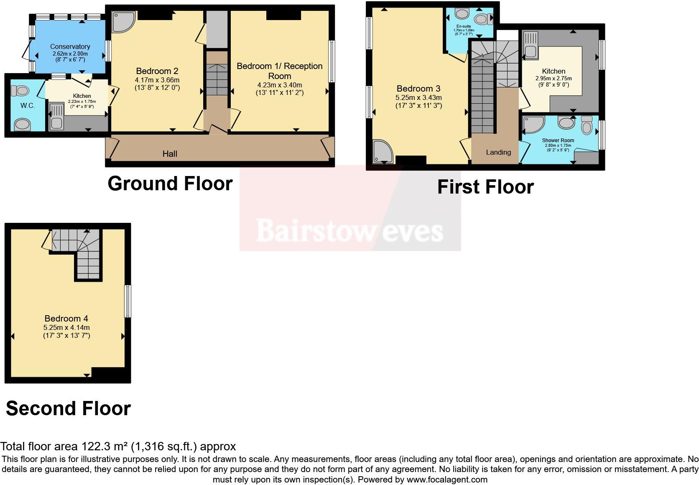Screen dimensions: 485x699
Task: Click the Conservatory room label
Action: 70,46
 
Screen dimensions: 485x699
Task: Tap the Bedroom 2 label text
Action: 154,71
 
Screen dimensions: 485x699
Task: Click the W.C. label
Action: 28,106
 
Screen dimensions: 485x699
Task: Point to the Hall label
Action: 170,154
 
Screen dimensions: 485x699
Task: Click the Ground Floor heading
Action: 170,184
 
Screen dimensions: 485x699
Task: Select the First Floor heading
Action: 485,187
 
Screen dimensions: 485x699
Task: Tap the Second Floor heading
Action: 68,408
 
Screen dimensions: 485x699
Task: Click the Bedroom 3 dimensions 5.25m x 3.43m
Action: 418,97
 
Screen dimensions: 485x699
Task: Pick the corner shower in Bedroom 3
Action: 382,151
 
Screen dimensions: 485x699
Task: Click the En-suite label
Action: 464,26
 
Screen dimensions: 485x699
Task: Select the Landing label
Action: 498,152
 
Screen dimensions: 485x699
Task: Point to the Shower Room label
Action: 558,140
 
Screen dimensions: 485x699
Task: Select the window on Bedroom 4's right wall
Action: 128,301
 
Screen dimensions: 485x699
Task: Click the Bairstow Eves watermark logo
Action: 349,231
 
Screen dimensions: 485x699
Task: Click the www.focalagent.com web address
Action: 446,480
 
